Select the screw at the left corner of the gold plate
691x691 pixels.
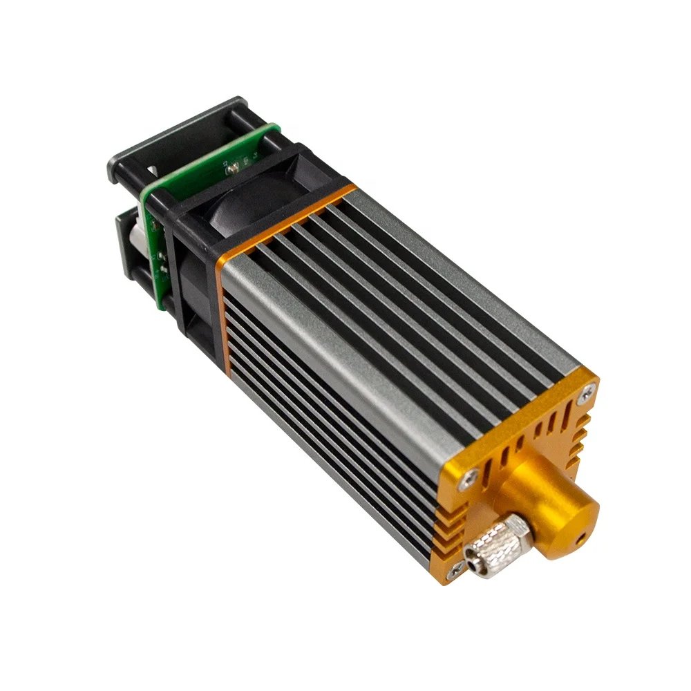(x=472, y=476)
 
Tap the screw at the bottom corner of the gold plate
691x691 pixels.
(x=455, y=571)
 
